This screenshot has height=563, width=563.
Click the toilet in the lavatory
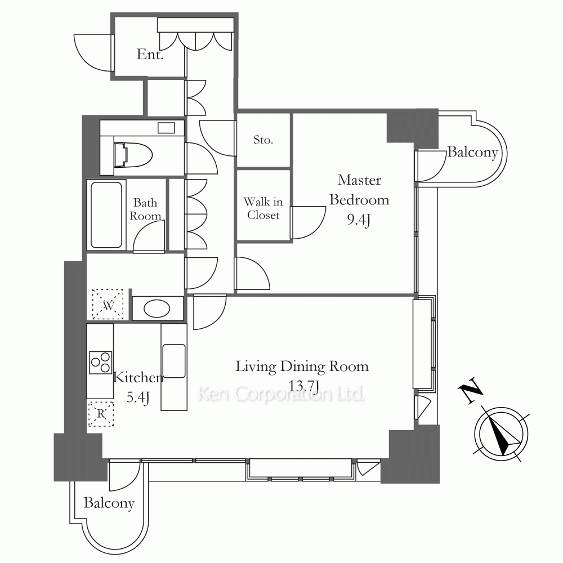click(x=133, y=155)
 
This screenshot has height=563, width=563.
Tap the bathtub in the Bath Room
click(x=106, y=215)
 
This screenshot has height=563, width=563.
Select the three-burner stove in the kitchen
click(x=101, y=362)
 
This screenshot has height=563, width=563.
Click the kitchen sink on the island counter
click(x=174, y=361)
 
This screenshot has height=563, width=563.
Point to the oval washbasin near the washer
click(x=157, y=309)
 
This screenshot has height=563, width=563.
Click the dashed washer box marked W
click(x=108, y=304)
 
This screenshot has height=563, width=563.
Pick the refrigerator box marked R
click(x=101, y=414)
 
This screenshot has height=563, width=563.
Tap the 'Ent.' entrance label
click(x=150, y=55)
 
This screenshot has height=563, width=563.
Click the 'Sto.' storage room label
click(x=263, y=140)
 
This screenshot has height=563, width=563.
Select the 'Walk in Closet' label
click(x=263, y=208)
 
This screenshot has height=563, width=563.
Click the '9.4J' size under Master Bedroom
click(x=359, y=220)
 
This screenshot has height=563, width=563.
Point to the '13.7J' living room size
click(x=304, y=386)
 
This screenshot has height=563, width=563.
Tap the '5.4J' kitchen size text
click(x=138, y=397)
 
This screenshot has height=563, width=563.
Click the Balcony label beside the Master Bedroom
click(x=472, y=152)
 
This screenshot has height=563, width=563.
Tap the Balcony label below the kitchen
click(x=109, y=503)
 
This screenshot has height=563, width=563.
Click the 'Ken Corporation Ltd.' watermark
click(x=281, y=394)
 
